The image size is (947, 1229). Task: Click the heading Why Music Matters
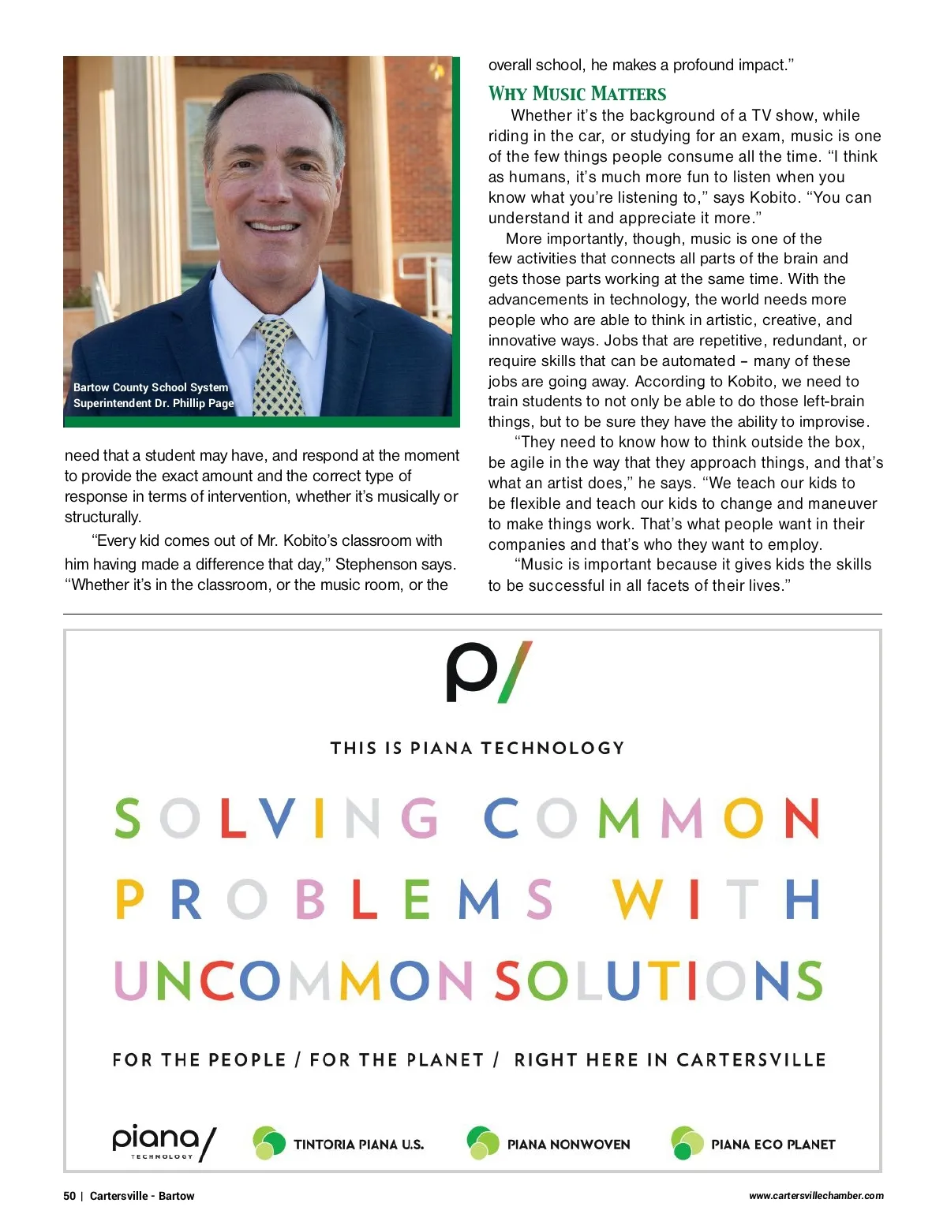click(x=577, y=94)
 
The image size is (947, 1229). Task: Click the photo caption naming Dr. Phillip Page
click(x=153, y=395)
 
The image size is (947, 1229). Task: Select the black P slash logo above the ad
click(x=489, y=672)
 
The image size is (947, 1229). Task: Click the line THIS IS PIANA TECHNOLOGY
click(x=477, y=748)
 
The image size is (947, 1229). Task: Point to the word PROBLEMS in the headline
click(x=334, y=899)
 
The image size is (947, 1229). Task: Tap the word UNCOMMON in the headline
click(x=294, y=981)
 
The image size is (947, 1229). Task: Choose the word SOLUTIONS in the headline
click(x=658, y=981)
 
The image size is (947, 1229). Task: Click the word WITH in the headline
click(x=716, y=899)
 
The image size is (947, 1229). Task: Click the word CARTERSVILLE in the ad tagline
click(x=750, y=1059)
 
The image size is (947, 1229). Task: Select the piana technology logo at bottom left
click(x=163, y=1142)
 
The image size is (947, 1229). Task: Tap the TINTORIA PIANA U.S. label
click(x=358, y=1144)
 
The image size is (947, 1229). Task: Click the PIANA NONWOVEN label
click(x=568, y=1144)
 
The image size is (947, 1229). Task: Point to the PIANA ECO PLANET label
click(x=773, y=1144)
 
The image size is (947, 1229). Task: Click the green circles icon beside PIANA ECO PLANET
click(x=687, y=1143)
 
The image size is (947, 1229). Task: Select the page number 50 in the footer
click(x=69, y=1196)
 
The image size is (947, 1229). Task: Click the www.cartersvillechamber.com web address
click(x=816, y=1196)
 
